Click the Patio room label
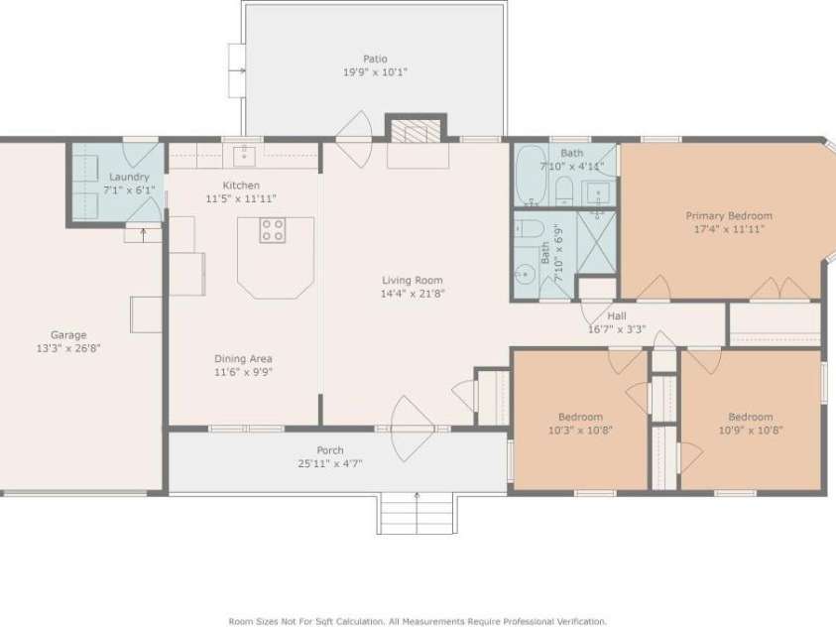click(375, 59)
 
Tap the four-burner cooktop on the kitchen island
click(273, 231)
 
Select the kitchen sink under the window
click(243, 155)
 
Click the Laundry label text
click(129, 177)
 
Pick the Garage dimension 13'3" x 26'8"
click(69, 348)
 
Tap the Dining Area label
click(243, 358)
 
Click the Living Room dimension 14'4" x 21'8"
click(412, 294)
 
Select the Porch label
click(330, 450)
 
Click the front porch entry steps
click(417, 513)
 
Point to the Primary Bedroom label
click(729, 215)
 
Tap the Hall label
click(616, 315)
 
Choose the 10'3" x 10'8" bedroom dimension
click(579, 431)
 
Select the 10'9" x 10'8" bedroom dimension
click(750, 431)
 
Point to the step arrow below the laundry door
click(143, 235)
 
